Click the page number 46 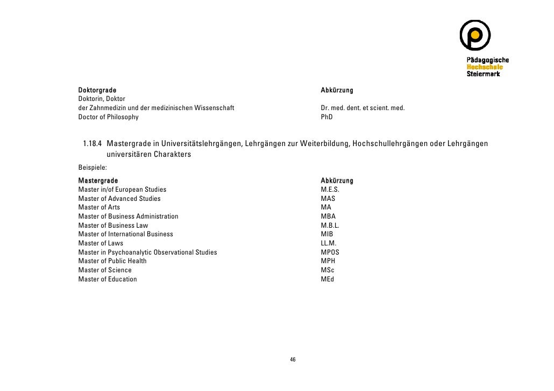tap(293, 359)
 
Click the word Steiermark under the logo tap(483, 74)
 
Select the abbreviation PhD tap(326, 117)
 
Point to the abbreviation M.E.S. tap(330, 190)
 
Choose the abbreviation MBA tap(328, 216)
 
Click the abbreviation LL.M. tap(329, 243)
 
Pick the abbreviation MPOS tap(330, 252)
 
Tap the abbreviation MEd tap(327, 279)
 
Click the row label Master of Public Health tap(112, 261)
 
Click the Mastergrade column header tap(98, 180)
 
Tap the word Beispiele tap(93, 168)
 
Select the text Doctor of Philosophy tap(108, 117)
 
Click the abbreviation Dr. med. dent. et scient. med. tap(363, 108)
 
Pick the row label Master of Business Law tap(113, 226)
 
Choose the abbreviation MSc tap(327, 270)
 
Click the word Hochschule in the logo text tap(484, 67)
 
